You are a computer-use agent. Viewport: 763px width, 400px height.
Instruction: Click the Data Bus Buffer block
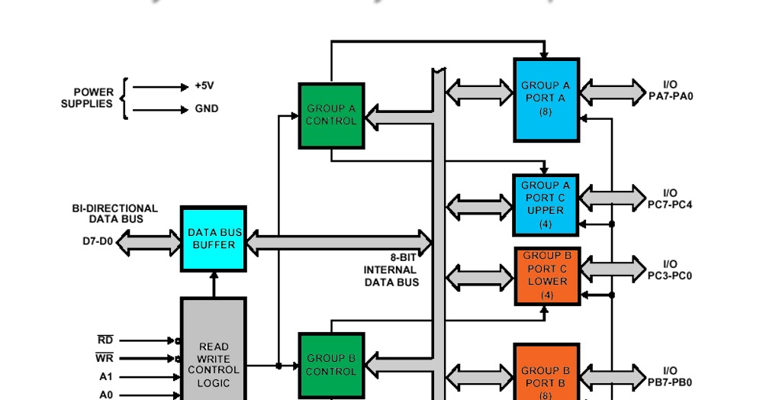(x=213, y=239)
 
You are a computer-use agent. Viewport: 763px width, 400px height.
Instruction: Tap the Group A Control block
(x=331, y=115)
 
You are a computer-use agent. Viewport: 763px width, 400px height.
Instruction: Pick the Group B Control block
(x=331, y=365)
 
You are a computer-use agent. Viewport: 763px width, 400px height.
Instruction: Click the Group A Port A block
(x=546, y=99)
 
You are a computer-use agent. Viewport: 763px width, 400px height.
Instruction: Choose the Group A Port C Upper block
(x=546, y=204)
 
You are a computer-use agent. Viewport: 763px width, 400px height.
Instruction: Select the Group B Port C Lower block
(x=547, y=274)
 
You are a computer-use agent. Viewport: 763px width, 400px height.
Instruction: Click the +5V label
(x=204, y=86)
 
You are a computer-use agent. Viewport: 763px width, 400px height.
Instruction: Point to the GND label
(x=207, y=109)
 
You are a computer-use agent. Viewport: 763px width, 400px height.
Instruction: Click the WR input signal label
(x=105, y=357)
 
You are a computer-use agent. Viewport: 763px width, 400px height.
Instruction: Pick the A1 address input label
(x=105, y=376)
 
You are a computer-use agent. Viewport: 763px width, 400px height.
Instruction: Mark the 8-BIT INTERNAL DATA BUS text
(x=391, y=269)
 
